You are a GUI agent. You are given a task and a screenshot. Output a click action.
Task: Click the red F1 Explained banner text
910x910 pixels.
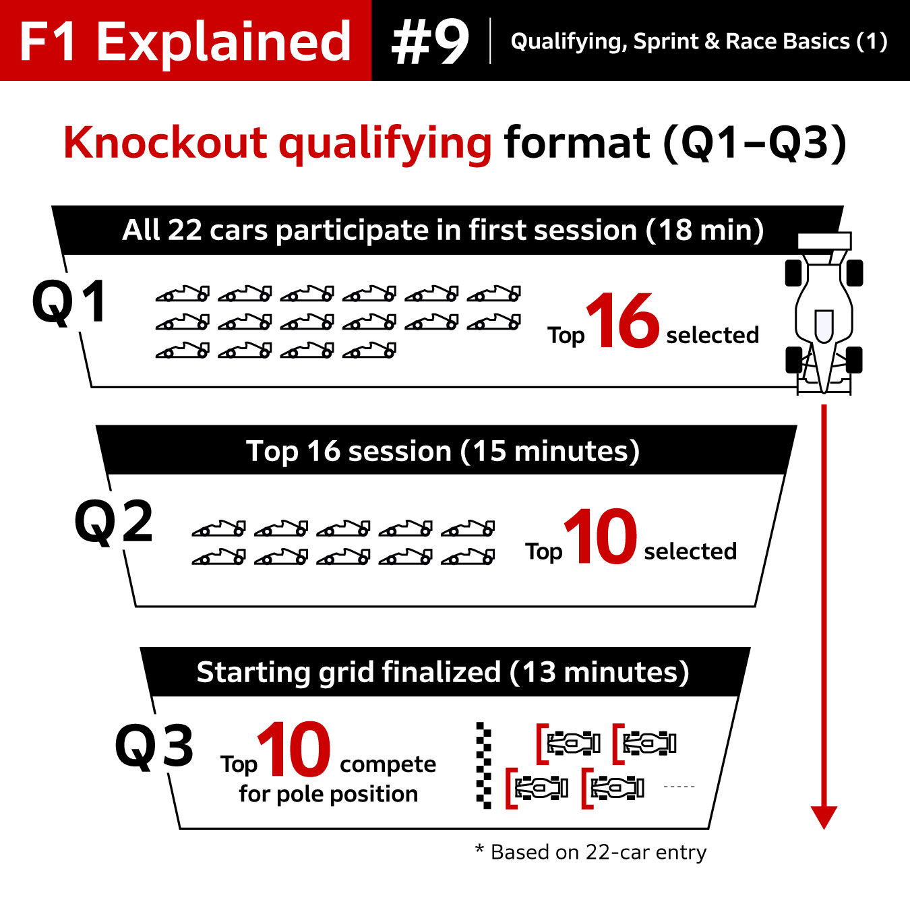point(185,42)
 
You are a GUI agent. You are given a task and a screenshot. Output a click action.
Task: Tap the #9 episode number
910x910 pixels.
point(430,42)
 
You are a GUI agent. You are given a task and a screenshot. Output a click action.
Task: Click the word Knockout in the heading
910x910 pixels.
point(165,143)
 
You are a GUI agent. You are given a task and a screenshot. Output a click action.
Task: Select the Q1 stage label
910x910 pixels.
point(70,302)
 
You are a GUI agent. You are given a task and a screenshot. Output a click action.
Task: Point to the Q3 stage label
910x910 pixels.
point(154,746)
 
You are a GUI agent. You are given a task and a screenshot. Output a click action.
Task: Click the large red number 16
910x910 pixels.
point(622,322)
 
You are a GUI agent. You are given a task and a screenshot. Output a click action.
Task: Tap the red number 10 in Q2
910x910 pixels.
point(601,537)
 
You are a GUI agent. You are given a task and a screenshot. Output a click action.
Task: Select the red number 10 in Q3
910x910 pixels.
point(294,750)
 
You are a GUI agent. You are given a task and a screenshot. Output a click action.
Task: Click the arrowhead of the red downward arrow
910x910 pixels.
point(824,816)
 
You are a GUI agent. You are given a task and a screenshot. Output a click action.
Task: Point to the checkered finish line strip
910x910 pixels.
point(483,765)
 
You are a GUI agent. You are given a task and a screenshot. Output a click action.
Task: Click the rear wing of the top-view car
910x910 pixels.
point(824,241)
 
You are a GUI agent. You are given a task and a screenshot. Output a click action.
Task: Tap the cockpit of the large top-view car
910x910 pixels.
point(824,325)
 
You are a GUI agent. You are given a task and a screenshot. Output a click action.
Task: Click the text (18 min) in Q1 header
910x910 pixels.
point(704,231)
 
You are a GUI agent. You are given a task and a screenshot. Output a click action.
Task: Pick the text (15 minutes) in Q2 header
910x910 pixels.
point(549,451)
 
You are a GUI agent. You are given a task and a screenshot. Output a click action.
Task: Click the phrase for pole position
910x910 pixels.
point(328,794)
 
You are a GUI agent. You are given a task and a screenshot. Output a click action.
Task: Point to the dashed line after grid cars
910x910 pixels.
point(679,787)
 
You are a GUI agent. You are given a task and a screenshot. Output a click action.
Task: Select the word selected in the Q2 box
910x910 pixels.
point(690,551)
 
